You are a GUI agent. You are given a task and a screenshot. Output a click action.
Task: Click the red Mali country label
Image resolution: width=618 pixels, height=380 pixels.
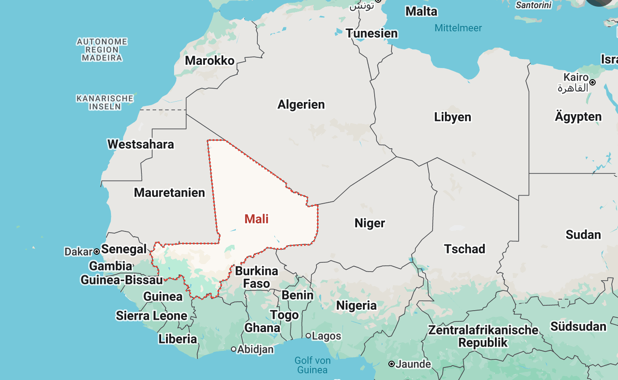(256, 219)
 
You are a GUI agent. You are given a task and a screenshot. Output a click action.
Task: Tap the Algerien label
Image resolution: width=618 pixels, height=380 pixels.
(301, 105)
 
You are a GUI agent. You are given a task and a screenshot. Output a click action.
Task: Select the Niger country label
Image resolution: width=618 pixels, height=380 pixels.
(370, 223)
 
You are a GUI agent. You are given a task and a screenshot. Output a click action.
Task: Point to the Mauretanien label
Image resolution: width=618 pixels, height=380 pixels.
(169, 193)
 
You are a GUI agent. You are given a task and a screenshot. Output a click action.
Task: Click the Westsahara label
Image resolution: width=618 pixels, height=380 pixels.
(141, 145)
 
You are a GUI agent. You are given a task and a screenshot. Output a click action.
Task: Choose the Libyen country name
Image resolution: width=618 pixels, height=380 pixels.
(452, 117)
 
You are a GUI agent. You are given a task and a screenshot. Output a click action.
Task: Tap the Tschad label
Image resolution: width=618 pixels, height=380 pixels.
(465, 249)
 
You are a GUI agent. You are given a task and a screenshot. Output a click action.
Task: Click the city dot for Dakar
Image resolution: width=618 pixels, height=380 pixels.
(96, 252)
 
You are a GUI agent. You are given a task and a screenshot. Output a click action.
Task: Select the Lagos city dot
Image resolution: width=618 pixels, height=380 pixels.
(308, 336)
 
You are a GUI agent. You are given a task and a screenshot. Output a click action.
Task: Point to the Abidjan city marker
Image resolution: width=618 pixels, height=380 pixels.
(234, 349)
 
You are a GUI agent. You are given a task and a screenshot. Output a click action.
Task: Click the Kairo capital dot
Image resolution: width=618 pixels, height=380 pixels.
(592, 82)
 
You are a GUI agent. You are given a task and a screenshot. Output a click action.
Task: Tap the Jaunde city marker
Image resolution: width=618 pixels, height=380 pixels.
(392, 364)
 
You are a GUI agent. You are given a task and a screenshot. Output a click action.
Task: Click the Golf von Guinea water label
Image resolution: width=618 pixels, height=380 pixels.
(312, 365)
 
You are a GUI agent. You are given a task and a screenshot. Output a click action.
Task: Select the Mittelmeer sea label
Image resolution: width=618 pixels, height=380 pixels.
(458, 28)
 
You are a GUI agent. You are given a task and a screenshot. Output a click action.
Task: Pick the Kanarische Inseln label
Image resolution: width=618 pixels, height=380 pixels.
(105, 102)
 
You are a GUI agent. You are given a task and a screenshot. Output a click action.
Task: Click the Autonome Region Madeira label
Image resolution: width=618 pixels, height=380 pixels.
(102, 50)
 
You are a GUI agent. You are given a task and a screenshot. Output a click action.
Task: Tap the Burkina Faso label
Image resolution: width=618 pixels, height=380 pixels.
(256, 278)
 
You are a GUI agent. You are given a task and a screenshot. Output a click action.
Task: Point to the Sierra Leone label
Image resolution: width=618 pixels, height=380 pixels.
(151, 316)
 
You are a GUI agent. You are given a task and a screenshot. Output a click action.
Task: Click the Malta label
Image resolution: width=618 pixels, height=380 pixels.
(421, 12)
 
